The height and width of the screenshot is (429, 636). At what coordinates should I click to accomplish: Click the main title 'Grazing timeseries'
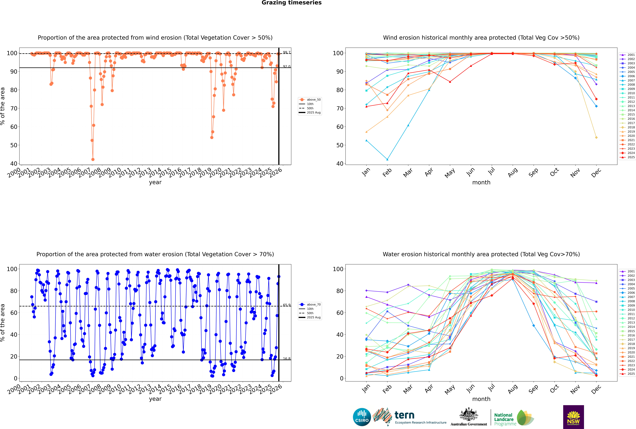[292, 3]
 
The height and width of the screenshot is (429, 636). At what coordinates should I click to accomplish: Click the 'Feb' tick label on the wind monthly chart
[387, 172]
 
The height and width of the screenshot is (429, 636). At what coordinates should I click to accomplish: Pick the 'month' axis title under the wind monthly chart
[481, 183]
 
